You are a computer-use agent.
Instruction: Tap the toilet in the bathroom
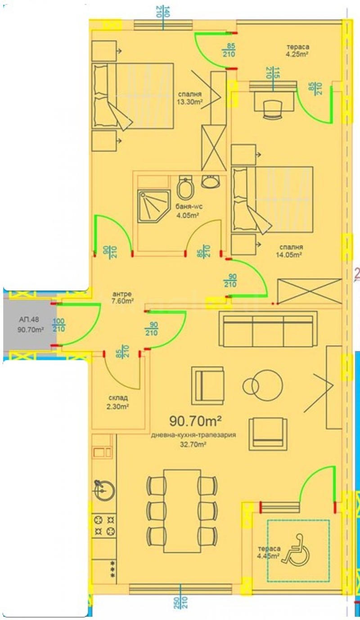(185, 188)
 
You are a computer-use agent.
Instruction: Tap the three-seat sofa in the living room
(265, 330)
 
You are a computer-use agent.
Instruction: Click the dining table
(182, 511)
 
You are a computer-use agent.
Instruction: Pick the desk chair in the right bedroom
(271, 109)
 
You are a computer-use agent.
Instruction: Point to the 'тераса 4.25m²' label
(299, 50)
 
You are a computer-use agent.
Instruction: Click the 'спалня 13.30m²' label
(189, 98)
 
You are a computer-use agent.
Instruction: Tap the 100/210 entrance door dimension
(58, 325)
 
